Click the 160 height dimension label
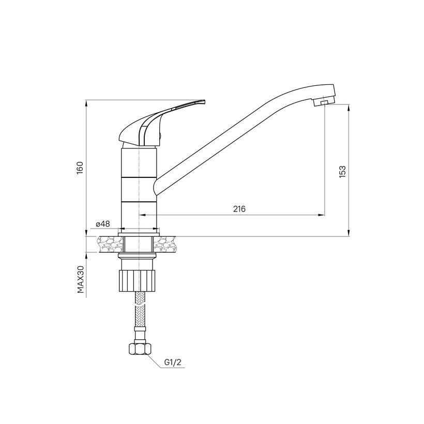(80, 168)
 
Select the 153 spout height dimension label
(342, 172)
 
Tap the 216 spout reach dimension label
(239, 209)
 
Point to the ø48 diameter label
(103, 224)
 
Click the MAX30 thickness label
(81, 279)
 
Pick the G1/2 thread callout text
(173, 362)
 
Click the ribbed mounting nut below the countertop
(138, 280)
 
